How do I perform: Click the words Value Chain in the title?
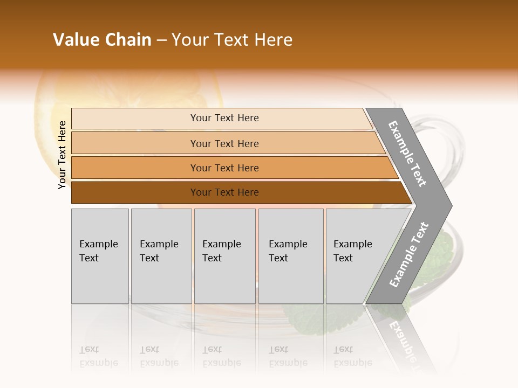102,40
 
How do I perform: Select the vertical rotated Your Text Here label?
62,155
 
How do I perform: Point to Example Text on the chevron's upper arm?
407,154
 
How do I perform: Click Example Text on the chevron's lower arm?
409,254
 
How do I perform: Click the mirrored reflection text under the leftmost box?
99,356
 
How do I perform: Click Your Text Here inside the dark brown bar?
224,192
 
